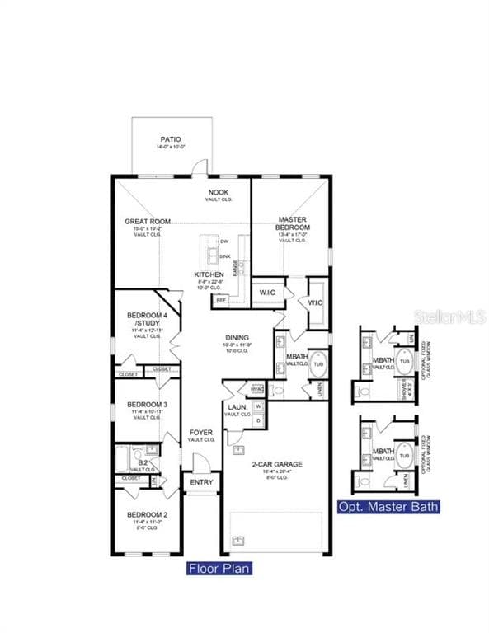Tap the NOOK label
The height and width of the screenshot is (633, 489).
219,192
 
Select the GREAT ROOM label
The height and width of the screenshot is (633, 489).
148,221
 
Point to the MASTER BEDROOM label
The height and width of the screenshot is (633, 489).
293,223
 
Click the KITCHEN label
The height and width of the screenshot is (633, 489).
209,274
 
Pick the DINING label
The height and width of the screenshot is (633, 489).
237,338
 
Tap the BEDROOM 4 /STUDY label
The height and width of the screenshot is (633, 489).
148,320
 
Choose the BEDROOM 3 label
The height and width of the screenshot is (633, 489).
148,404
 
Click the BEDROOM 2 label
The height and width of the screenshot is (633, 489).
148,515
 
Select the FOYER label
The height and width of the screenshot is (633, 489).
201,433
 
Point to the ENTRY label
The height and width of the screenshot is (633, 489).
201,483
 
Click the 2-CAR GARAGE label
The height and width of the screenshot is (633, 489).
276,464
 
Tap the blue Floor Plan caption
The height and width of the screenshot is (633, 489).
219,568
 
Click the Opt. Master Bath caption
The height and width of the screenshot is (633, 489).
388,507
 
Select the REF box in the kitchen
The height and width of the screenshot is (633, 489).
220,301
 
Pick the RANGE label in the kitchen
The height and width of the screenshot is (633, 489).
235,267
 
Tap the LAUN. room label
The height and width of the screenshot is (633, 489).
233,407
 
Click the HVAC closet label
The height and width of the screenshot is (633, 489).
256,388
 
